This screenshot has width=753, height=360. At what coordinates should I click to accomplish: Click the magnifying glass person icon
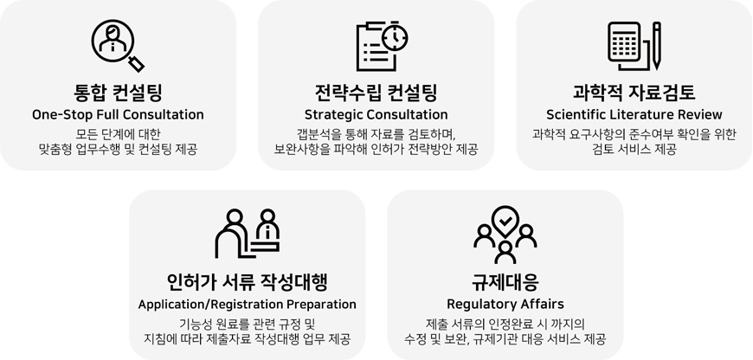tap(118, 46)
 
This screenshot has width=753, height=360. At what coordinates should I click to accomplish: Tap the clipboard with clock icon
tap(382, 46)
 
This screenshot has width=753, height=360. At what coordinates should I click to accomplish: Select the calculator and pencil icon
tap(634, 46)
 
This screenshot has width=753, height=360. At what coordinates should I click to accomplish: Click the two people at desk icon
tap(248, 234)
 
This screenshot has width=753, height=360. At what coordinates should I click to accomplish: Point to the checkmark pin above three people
tap(505, 221)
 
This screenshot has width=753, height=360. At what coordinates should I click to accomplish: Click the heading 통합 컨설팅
tap(118, 93)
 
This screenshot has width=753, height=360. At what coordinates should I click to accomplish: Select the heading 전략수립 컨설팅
tap(376, 93)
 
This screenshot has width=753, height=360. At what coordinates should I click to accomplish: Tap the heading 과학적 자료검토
tap(634, 93)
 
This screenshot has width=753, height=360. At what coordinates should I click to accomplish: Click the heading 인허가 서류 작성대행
tap(248, 282)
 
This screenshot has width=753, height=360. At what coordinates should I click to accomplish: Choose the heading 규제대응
tap(505, 282)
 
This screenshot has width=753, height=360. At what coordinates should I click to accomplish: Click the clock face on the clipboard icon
tap(395, 38)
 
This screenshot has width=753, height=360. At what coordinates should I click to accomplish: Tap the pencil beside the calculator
tap(656, 46)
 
